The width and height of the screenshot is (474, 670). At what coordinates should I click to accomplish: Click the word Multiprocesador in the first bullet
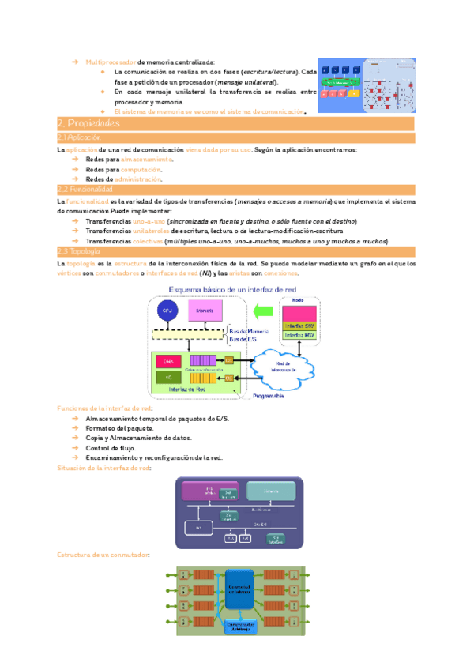[111, 62]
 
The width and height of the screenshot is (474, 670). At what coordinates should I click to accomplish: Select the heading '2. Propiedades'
[88, 124]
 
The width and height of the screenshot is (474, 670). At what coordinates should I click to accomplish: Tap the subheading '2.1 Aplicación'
[80, 138]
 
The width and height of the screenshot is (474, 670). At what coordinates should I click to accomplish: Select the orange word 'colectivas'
[152, 241]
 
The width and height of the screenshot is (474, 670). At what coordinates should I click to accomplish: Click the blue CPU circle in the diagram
[167, 311]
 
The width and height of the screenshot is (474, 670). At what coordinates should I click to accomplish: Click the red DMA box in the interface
[167, 361]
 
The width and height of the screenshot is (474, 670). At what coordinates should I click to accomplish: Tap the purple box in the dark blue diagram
[210, 491]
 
